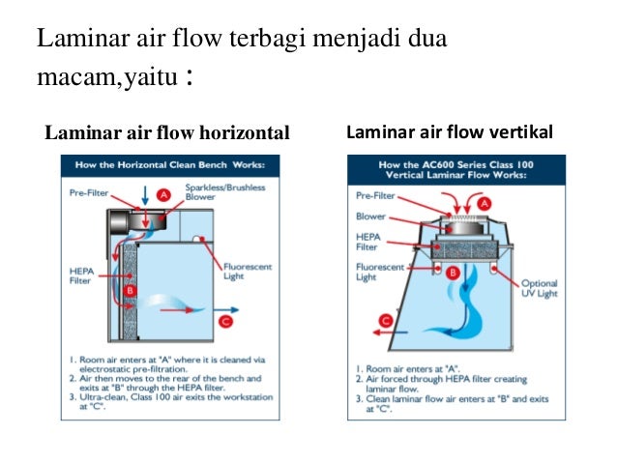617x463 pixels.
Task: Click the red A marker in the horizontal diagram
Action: [x=164, y=195]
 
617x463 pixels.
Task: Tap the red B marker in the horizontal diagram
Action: [x=129, y=290]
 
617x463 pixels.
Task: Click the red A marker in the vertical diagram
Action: [x=485, y=204]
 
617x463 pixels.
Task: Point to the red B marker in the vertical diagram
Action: [x=451, y=273]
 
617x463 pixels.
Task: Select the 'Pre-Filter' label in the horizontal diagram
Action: [x=89, y=192]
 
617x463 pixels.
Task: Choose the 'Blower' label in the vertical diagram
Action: [x=370, y=216]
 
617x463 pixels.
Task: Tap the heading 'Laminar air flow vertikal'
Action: [x=450, y=131]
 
